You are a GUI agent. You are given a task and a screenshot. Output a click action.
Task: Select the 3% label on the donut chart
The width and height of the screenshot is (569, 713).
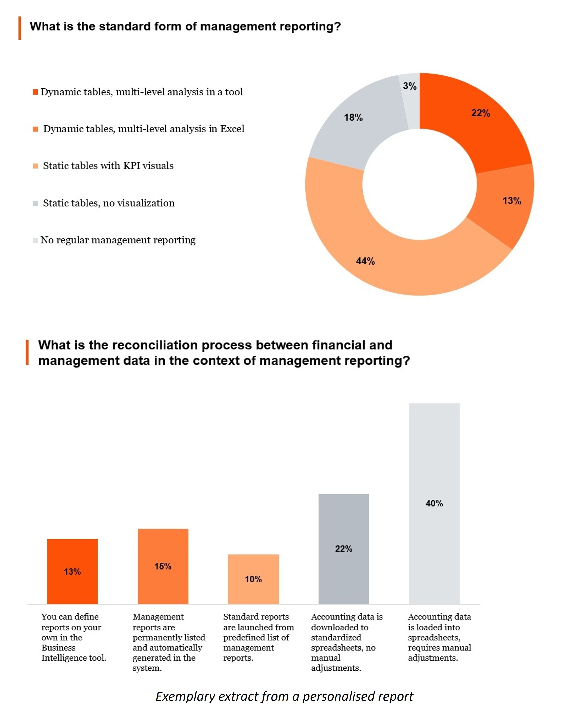[x=409, y=86]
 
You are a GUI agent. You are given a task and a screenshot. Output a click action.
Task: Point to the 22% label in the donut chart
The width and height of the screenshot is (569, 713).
[x=480, y=113]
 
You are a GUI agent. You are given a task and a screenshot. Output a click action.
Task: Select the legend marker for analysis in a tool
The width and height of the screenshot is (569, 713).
[x=35, y=92]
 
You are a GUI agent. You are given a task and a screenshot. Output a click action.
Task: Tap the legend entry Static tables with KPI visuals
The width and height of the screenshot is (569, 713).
[x=108, y=166]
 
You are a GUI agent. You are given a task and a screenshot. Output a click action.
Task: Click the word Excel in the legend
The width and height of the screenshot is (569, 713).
[x=232, y=129]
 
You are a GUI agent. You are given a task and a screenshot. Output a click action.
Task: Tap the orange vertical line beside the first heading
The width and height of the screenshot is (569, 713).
[x=20, y=28]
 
